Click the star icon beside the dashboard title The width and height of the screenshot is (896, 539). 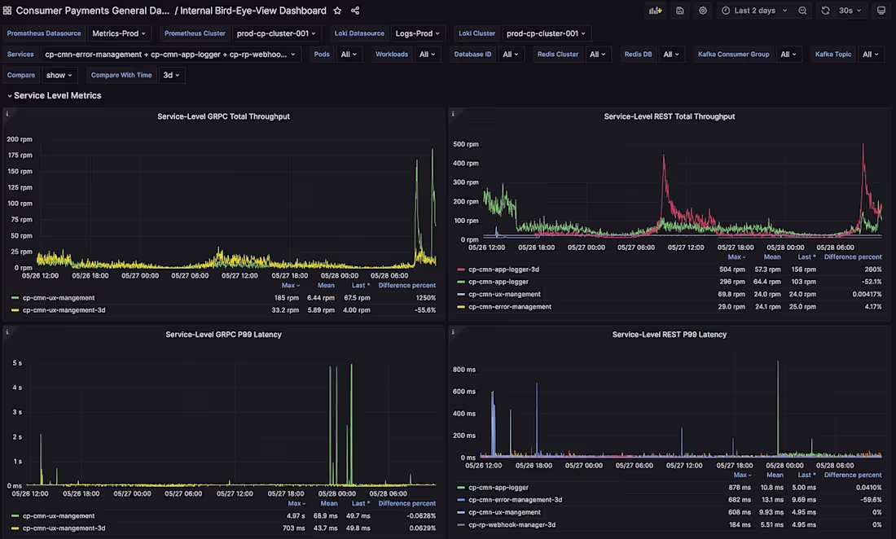pyautogui.click(x=337, y=11)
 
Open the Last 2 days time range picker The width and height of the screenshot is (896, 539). pyautogui.click(x=754, y=11)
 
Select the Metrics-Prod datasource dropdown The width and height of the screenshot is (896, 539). pyautogui.click(x=119, y=33)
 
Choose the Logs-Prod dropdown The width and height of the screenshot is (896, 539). pyautogui.click(x=417, y=33)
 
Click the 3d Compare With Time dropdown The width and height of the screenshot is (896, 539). pyautogui.click(x=172, y=75)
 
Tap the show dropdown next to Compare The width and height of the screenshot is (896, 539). pyautogui.click(x=59, y=75)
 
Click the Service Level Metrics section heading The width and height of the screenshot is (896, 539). pyautogui.click(x=57, y=95)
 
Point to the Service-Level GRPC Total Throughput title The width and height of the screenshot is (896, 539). pyautogui.click(x=223, y=116)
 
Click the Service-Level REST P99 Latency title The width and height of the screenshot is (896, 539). pyautogui.click(x=669, y=335)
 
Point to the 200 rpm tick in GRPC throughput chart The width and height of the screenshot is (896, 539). pyautogui.click(x=20, y=139)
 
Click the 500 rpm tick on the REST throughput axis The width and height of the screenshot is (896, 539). pyautogui.click(x=466, y=145)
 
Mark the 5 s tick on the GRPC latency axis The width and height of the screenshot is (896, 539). pyautogui.click(x=16, y=363)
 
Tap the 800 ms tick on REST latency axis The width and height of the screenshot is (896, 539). pyautogui.click(x=463, y=370)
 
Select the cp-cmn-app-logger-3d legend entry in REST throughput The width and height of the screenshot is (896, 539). pyautogui.click(x=503, y=269)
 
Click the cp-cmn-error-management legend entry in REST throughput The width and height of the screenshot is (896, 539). pyautogui.click(x=509, y=307)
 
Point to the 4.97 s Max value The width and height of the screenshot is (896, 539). pyautogui.click(x=296, y=516)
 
